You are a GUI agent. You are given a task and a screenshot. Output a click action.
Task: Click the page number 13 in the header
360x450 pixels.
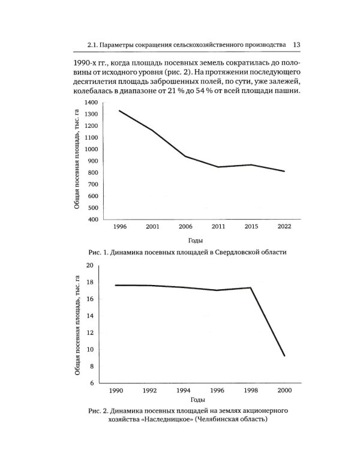point(296,44)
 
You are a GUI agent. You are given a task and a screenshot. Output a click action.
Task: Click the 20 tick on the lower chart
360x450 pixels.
point(91,265)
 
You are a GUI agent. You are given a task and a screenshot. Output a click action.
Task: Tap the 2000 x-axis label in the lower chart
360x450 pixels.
point(284,391)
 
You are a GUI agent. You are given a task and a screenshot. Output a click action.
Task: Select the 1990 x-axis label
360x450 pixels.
point(116,391)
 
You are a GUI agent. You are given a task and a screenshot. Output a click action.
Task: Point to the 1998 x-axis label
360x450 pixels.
point(250,391)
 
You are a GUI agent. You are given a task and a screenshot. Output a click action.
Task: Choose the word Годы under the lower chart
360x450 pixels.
point(197,399)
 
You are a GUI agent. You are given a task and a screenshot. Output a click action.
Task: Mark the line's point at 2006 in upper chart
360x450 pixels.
point(184,156)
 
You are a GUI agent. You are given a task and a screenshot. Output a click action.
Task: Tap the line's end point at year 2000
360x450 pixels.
point(284,356)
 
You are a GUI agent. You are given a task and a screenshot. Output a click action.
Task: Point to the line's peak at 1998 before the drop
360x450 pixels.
point(251,287)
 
